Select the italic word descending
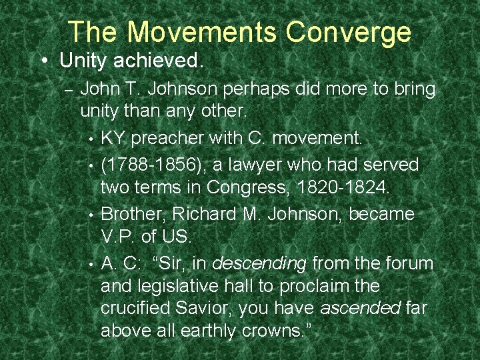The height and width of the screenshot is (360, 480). pyautogui.click(x=259, y=263)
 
